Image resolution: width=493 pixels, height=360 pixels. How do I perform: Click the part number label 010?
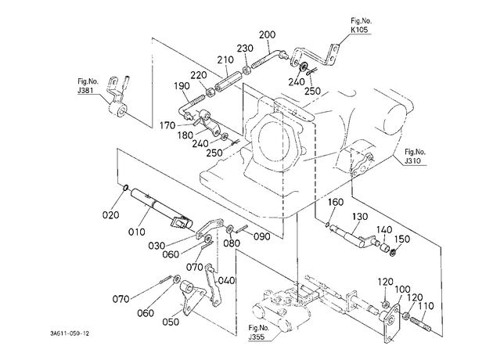[x=137, y=232]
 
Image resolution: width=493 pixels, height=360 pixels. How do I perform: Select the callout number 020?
[x=110, y=215]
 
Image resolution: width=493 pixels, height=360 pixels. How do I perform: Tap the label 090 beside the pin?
[x=261, y=236]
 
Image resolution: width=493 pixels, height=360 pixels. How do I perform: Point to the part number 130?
[x=360, y=217]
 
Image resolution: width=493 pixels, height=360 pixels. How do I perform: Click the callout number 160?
[x=336, y=202]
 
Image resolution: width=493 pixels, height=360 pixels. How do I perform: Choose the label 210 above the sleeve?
[x=225, y=59]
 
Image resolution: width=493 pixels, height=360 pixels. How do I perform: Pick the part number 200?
[x=268, y=34]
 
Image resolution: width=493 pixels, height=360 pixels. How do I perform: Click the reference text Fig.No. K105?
[x=361, y=26]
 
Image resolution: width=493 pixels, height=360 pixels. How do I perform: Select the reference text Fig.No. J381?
[x=88, y=86]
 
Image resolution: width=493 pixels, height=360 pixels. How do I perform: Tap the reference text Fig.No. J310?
[x=415, y=157]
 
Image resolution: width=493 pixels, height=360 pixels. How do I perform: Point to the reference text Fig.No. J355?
[x=259, y=333]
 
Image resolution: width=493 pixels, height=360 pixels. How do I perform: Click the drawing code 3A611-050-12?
[x=70, y=333]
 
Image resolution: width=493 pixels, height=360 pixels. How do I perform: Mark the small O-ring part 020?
[x=125, y=188]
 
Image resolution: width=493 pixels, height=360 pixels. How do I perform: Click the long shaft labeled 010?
[x=161, y=208]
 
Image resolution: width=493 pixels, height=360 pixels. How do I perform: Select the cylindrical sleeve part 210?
[x=227, y=82]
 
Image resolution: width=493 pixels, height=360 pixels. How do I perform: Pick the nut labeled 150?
[x=393, y=252]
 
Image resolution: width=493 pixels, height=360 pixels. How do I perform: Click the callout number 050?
[x=171, y=322]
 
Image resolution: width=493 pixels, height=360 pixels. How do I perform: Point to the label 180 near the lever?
[x=185, y=135]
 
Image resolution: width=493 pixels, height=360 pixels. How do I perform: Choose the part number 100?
[x=403, y=290]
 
